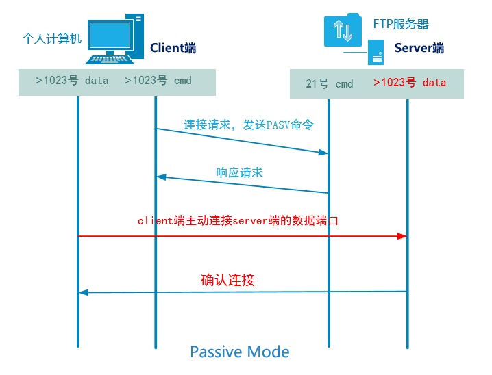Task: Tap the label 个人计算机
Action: pyautogui.click(x=51, y=38)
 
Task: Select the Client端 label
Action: pyautogui.click(x=173, y=48)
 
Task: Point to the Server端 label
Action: pyautogui.click(x=419, y=48)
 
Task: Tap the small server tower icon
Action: pyautogui.click(x=376, y=52)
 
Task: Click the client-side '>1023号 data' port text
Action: pyautogui.click(x=72, y=81)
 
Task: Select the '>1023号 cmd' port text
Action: pyautogui.click(x=158, y=81)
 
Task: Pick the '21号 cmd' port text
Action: pyautogui.click(x=330, y=83)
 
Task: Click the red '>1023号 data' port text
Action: pyautogui.click(x=410, y=83)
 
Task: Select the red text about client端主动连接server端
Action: pyautogui.click(x=238, y=221)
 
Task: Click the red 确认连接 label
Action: pyautogui.click(x=228, y=280)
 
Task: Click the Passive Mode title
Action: pyautogui.click(x=239, y=352)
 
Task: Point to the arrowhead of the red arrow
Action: pyautogui.click(x=403, y=236)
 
